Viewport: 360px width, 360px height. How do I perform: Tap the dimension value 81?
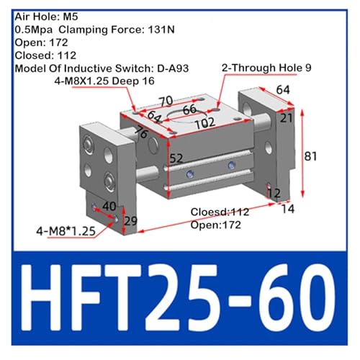pyautogui.click(x=310, y=156)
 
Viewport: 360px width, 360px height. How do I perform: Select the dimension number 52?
pyautogui.click(x=176, y=158)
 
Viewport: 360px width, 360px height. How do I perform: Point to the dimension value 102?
pyautogui.click(x=204, y=123)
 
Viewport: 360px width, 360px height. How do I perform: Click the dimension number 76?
pyautogui.click(x=141, y=132)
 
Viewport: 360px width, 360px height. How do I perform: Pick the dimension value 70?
pyautogui.click(x=166, y=102)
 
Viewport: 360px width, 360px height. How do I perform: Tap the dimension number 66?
pyautogui.click(x=189, y=109)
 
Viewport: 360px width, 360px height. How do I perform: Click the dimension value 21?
pyautogui.click(x=287, y=118)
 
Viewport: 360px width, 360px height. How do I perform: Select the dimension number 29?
pyautogui.click(x=131, y=221)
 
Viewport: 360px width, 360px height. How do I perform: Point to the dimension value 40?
pyautogui.click(x=109, y=206)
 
